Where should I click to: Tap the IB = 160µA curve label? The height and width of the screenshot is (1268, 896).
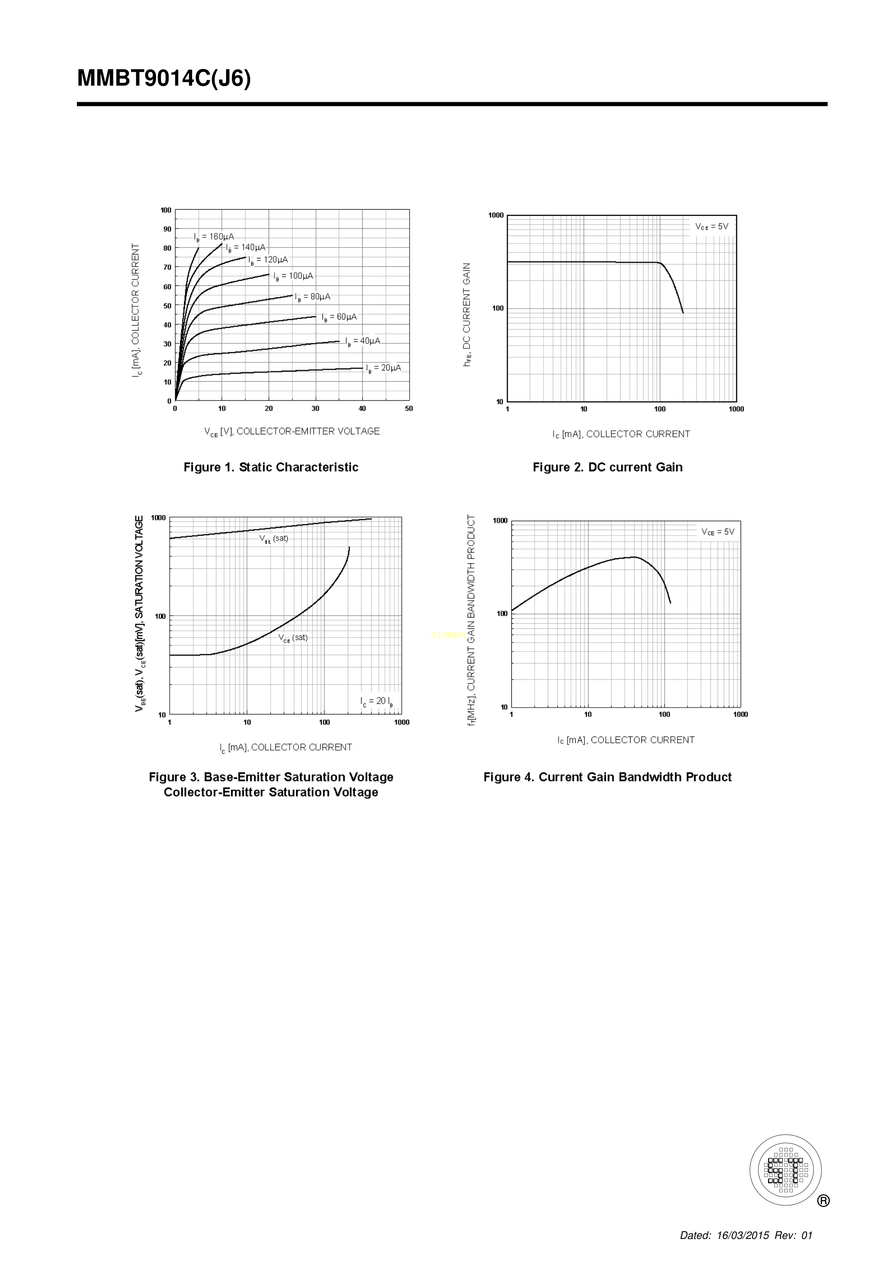click(x=214, y=237)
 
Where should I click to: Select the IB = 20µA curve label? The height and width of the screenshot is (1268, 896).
click(x=383, y=368)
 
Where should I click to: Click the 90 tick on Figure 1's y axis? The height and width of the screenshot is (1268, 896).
click(x=167, y=229)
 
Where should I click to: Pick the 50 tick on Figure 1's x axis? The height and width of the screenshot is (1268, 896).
click(x=409, y=409)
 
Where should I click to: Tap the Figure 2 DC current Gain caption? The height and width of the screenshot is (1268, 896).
click(x=607, y=467)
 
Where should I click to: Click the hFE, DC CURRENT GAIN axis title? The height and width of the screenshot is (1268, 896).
click(x=467, y=315)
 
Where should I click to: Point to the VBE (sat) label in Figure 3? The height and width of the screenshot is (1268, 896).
click(x=274, y=538)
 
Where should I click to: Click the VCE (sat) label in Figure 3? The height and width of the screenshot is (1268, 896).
click(x=293, y=638)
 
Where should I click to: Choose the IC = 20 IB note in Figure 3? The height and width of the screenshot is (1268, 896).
click(x=377, y=701)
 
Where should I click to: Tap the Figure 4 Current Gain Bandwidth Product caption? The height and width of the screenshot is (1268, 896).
click(x=607, y=777)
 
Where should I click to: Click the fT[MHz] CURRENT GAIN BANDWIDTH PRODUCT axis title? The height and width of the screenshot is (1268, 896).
click(x=471, y=620)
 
